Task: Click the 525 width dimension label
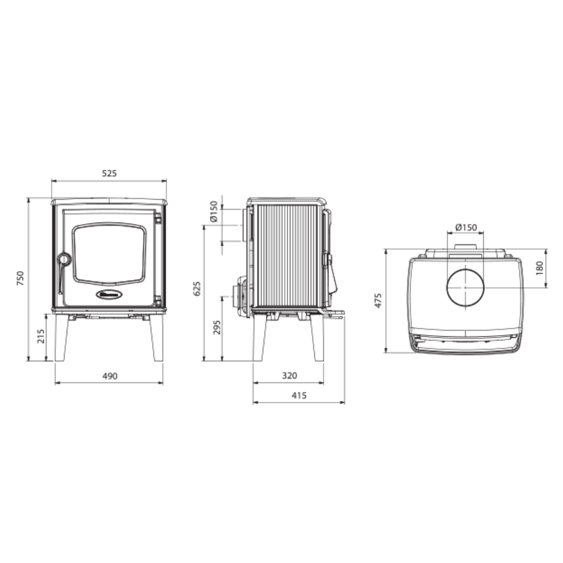[x=109, y=174]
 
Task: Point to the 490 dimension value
[x=109, y=376]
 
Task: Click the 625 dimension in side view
[x=197, y=289]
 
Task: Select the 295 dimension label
[x=217, y=327]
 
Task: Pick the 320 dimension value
[x=289, y=376]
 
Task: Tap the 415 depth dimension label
[x=299, y=396]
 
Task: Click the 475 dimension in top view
[x=378, y=300]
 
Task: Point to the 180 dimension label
[x=540, y=267]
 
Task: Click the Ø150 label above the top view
[x=466, y=227]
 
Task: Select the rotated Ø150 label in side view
[x=214, y=211]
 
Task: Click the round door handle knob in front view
[x=64, y=259]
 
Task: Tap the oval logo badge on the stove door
[x=109, y=295]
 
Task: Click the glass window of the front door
[x=109, y=254]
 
